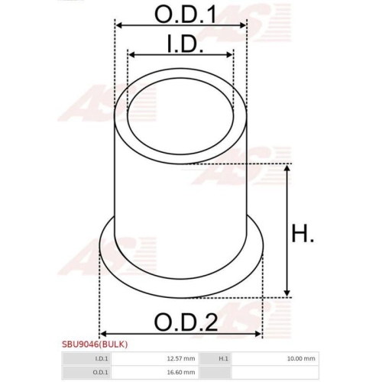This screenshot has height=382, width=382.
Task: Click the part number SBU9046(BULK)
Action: click(x=95, y=345)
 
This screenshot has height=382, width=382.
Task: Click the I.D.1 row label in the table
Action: click(x=102, y=358)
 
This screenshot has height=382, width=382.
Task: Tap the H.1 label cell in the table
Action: click(x=223, y=358)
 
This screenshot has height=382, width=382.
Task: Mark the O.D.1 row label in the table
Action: click(x=102, y=372)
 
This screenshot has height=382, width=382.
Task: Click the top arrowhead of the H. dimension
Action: click(x=286, y=167)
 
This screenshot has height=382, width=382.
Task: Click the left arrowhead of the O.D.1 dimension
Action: click(x=118, y=25)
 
